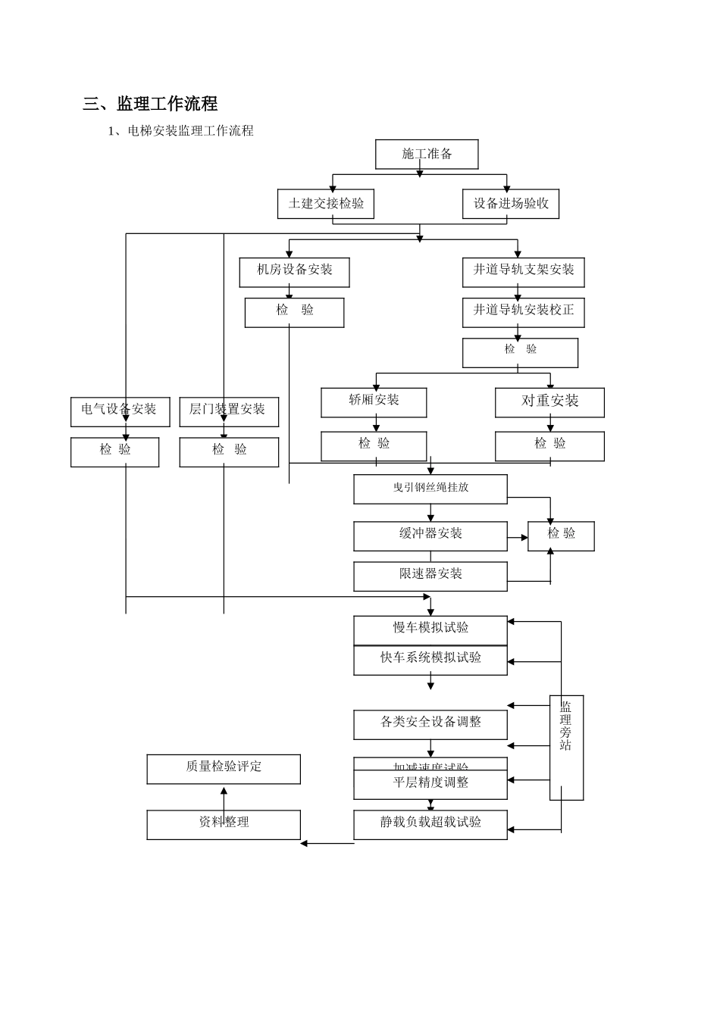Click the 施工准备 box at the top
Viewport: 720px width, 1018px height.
pyautogui.click(x=427, y=155)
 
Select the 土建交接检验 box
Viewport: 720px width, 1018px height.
pyautogui.click(x=326, y=204)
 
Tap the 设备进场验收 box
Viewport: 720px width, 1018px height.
pyautogui.click(x=511, y=204)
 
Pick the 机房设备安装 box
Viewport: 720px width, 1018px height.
pyautogui.click(x=294, y=272)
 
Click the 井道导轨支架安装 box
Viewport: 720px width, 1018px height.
pyautogui.click(x=524, y=272)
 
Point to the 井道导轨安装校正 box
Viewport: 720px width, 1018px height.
pyautogui.click(x=524, y=312)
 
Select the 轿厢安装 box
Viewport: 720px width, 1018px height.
pyautogui.click(x=374, y=402)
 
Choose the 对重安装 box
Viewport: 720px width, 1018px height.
pyautogui.click(x=549, y=402)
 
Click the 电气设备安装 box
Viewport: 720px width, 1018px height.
pyautogui.click(x=120, y=411)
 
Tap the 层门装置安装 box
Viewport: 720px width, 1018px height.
pyautogui.click(x=228, y=411)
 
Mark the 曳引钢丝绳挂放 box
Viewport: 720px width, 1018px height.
pyautogui.click(x=430, y=489)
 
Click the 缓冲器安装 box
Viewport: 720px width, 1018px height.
pyautogui.click(x=430, y=536)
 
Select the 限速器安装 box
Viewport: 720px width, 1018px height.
pyautogui.click(x=430, y=576)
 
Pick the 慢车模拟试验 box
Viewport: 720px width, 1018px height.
pyautogui.click(x=430, y=629)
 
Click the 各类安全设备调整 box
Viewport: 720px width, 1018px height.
pyautogui.click(x=430, y=724)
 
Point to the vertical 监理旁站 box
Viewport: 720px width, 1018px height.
pyautogui.click(x=566, y=747)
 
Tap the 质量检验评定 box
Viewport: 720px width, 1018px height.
pyautogui.click(x=224, y=769)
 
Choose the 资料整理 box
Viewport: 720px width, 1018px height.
pyautogui.click(x=224, y=824)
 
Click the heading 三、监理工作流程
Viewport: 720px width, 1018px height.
pyautogui.click(x=150, y=104)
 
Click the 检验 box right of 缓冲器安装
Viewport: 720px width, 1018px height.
pyautogui.click(x=561, y=536)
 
